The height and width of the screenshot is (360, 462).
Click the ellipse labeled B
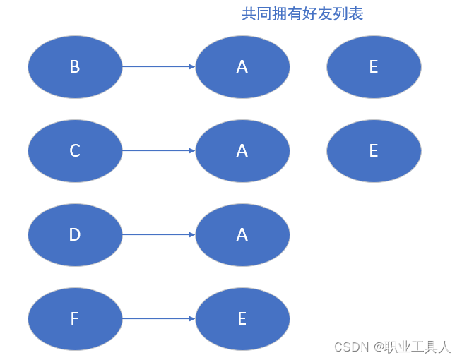pos(75,67)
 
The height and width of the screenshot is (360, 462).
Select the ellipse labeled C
pos(75,150)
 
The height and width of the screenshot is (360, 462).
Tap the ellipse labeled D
pos(75,234)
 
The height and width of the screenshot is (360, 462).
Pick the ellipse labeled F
pos(75,318)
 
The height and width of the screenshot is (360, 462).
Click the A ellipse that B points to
pos(242,67)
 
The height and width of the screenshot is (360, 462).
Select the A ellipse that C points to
pos(242,150)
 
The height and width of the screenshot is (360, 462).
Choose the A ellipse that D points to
pos(242,234)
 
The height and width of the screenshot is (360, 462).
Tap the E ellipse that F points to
pos(242,318)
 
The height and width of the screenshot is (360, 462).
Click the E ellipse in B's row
pos(374,67)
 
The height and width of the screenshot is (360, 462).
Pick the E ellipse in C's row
pos(374,150)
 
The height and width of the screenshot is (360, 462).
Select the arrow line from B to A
pos(157,67)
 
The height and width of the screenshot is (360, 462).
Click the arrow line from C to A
pos(157,150)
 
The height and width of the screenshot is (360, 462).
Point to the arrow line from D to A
pos(157,234)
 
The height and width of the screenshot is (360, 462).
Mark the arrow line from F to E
pos(157,318)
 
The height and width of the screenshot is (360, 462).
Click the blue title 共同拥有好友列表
pos(302,13)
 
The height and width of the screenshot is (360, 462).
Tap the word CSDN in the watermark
pos(352,347)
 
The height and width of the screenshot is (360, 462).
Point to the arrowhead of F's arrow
pos(191,318)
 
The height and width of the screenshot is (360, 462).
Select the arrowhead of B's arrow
pos(191,67)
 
